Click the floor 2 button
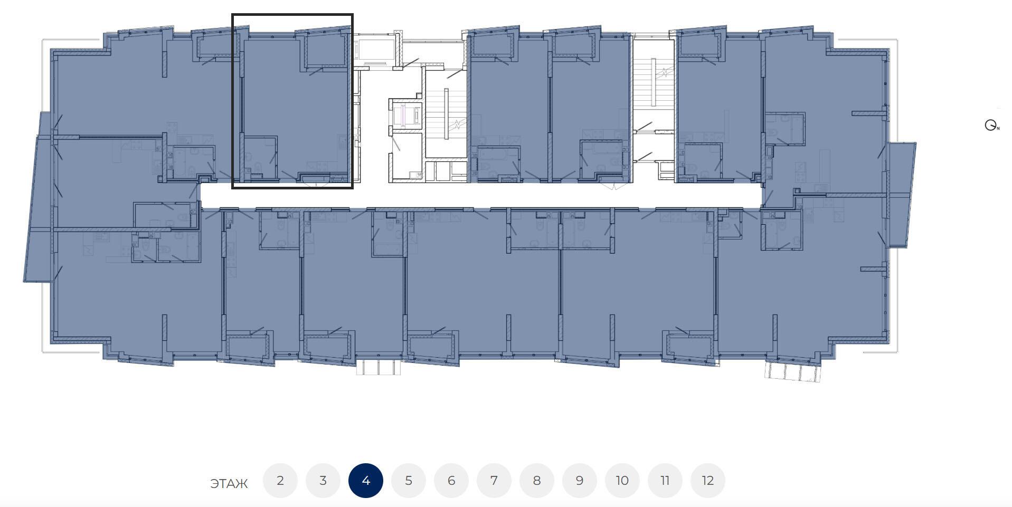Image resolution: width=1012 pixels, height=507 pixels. pyautogui.click(x=280, y=481)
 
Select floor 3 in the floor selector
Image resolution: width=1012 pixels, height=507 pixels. pyautogui.click(x=323, y=481)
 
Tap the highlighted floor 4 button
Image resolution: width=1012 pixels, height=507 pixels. pyautogui.click(x=366, y=481)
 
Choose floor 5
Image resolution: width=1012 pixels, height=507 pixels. pyautogui.click(x=409, y=481)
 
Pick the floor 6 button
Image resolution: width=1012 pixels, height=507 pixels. pyautogui.click(x=451, y=481)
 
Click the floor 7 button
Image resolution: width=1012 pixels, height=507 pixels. pyautogui.click(x=494, y=481)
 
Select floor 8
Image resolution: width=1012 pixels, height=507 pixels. pyautogui.click(x=537, y=481)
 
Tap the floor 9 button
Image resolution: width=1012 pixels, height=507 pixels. pyautogui.click(x=580, y=481)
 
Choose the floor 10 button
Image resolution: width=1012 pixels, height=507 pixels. pyautogui.click(x=622, y=481)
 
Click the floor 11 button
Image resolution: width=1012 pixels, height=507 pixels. pyautogui.click(x=665, y=481)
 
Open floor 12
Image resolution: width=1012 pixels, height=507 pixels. pyautogui.click(x=708, y=481)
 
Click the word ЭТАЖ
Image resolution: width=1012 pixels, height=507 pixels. pyautogui.click(x=229, y=484)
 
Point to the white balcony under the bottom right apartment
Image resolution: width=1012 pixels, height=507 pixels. pyautogui.click(x=793, y=371)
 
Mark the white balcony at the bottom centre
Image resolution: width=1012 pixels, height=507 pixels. pyautogui.click(x=379, y=367)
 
